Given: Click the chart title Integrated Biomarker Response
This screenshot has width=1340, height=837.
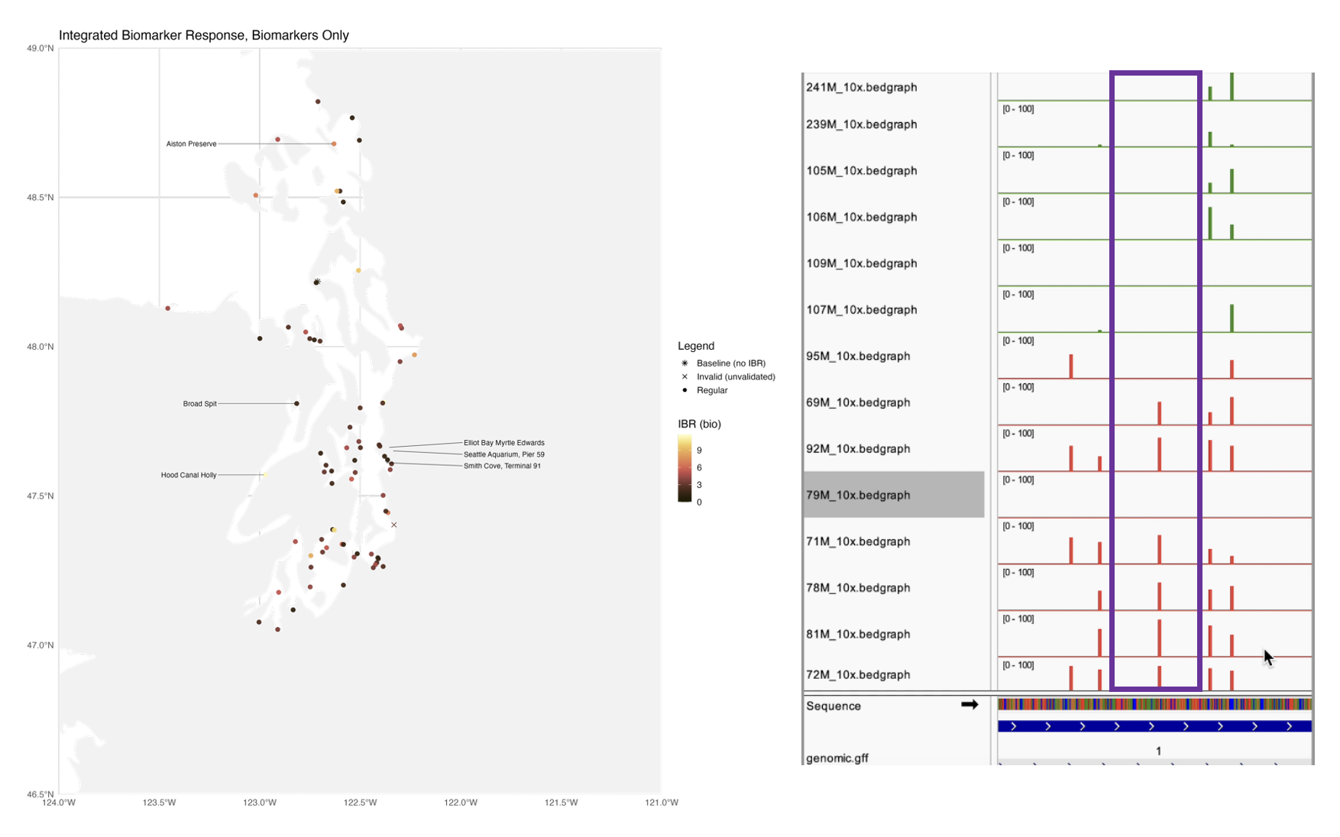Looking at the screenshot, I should point(203,35).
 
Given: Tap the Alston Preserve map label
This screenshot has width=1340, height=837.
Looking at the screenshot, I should point(191,144).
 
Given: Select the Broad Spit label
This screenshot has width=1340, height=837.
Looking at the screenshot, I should point(199,403).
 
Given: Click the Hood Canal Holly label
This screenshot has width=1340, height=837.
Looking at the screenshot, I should point(188,475).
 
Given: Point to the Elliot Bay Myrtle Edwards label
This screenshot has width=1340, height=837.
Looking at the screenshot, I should point(503,443).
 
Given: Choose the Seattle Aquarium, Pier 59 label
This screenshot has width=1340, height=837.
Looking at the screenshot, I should point(503,454).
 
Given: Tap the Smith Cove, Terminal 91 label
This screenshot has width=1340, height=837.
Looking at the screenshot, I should point(502,466).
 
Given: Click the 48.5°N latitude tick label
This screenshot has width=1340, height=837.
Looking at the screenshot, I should point(40,197).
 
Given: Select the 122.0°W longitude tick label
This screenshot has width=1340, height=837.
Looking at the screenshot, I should point(461,802).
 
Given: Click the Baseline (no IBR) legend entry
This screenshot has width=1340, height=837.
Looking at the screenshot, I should point(730,364).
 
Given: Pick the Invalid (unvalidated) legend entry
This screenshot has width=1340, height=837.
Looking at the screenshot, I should point(735,376).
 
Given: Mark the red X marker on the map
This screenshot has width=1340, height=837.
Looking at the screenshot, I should point(394,525).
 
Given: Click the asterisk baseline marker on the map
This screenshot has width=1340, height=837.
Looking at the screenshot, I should point(316,282).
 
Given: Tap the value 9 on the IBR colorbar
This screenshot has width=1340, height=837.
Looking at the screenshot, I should point(699,451).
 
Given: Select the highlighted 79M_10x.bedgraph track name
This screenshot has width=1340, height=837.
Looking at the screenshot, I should point(858,495).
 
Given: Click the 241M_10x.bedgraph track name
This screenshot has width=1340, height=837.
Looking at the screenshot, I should point(861,87).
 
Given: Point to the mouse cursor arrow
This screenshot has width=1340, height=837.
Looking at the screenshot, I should point(1267,657).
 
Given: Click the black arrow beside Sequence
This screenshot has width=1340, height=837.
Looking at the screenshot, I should point(969,704).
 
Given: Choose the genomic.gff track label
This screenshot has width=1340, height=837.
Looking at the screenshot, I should point(837,758).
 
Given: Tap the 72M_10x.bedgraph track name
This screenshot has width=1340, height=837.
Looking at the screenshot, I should point(858,674).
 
